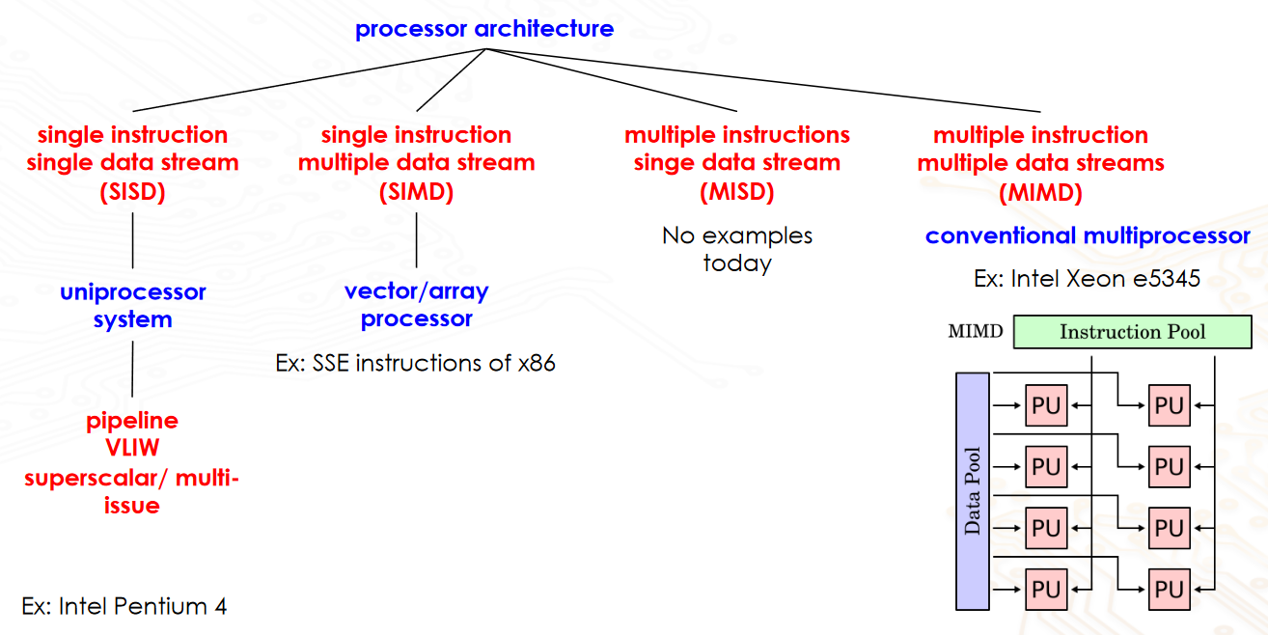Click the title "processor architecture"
(483, 29)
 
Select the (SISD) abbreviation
(132, 192)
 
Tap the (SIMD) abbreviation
(416, 192)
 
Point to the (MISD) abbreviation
(736, 192)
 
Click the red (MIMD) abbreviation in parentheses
(1040, 193)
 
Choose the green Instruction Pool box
(1132, 332)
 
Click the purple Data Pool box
(973, 491)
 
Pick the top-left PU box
(1046, 406)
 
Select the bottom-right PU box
(1169, 589)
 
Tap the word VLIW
(132, 449)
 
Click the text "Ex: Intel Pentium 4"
(124, 607)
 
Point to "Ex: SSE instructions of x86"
(416, 364)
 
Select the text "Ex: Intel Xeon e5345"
(1088, 279)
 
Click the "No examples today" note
(737, 249)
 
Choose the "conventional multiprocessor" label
(1088, 235)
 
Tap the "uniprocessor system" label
(132, 305)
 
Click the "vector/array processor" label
(416, 304)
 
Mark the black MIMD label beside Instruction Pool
(975, 332)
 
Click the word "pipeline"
(132, 421)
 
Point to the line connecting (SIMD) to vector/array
(416, 239)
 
